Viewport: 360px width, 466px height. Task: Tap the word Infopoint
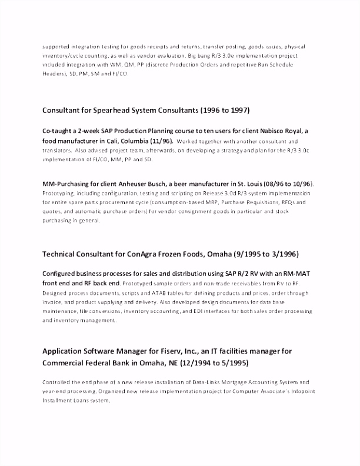292,392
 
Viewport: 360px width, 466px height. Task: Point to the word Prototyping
58,193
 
